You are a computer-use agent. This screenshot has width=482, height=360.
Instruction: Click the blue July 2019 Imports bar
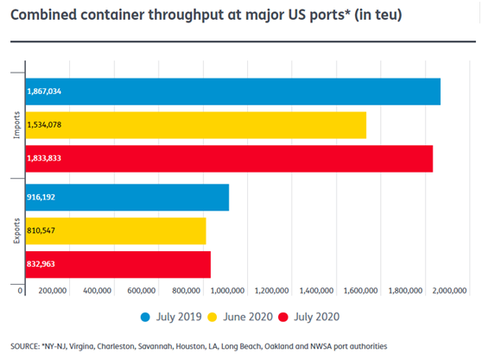coord(233,92)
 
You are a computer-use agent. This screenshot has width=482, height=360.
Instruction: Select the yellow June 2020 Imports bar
coord(196,125)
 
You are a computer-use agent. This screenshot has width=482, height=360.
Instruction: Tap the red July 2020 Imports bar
coord(229,159)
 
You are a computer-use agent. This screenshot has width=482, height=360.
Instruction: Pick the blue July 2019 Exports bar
coord(127,198)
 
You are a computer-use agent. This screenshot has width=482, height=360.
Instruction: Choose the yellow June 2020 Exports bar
coord(116,231)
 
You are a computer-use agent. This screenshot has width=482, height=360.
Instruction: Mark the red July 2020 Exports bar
coord(118,264)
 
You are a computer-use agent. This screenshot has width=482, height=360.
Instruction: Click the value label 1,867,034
coord(44,92)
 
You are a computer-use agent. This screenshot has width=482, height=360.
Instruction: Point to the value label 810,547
coord(41,231)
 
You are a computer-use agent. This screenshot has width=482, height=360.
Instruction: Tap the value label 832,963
coord(41,264)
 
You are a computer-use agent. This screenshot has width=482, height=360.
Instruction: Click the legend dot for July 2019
coord(145,317)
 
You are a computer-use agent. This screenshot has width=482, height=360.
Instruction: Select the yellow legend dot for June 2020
coord(212,317)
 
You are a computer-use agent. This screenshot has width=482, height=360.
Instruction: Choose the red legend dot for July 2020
coord(283,317)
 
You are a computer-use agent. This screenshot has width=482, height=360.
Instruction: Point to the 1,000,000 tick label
coord(227,291)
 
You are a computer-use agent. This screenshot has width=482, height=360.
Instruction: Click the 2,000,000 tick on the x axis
coord(449,291)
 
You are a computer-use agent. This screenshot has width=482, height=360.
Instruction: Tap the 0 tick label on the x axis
coord(20,291)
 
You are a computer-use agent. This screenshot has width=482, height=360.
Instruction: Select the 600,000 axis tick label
coord(142,291)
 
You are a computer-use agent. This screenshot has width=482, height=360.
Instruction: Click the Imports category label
coord(16,125)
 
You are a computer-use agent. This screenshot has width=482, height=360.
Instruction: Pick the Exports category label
coord(16,231)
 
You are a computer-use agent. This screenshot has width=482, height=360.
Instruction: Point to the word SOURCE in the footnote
coord(24,346)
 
